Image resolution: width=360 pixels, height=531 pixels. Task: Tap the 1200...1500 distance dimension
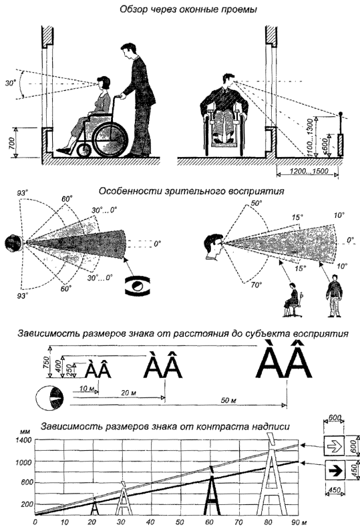click(x=309, y=171)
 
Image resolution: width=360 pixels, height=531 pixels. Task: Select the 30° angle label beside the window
click(x=11, y=82)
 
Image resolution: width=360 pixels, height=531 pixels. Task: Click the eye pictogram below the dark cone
click(x=138, y=285)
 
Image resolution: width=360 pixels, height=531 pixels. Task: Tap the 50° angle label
click(x=257, y=204)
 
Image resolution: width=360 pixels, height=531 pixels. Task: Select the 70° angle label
click(x=256, y=285)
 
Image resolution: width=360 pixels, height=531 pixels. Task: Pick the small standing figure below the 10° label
click(x=334, y=295)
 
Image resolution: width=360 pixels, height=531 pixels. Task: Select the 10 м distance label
click(x=86, y=389)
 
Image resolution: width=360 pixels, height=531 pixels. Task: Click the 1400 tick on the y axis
click(x=23, y=440)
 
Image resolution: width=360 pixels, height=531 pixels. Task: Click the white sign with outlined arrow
click(x=334, y=446)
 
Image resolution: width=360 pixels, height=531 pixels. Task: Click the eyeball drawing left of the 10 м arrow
click(x=50, y=399)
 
